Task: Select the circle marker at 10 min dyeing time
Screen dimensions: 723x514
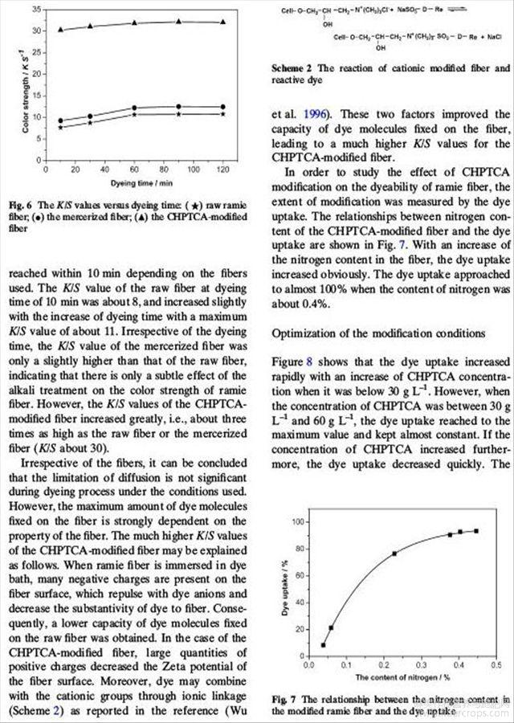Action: point(61,120)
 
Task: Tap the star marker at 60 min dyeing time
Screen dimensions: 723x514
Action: point(134,114)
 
